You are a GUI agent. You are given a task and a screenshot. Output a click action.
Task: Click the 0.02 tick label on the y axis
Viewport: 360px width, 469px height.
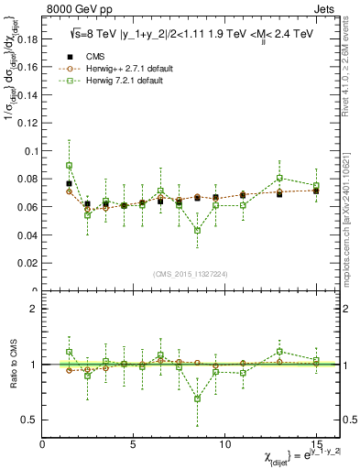29,263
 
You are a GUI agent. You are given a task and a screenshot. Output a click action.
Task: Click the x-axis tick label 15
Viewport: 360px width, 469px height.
316,444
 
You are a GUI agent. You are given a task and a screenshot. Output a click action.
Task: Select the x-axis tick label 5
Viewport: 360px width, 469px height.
134,444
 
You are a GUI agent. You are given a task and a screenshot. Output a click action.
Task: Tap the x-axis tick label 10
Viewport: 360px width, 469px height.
224,444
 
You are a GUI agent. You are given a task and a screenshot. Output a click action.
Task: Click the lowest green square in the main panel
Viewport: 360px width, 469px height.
197,231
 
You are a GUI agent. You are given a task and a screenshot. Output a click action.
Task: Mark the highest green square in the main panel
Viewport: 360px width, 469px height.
70,166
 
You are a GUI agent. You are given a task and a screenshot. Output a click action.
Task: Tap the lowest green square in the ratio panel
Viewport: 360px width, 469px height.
197,398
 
